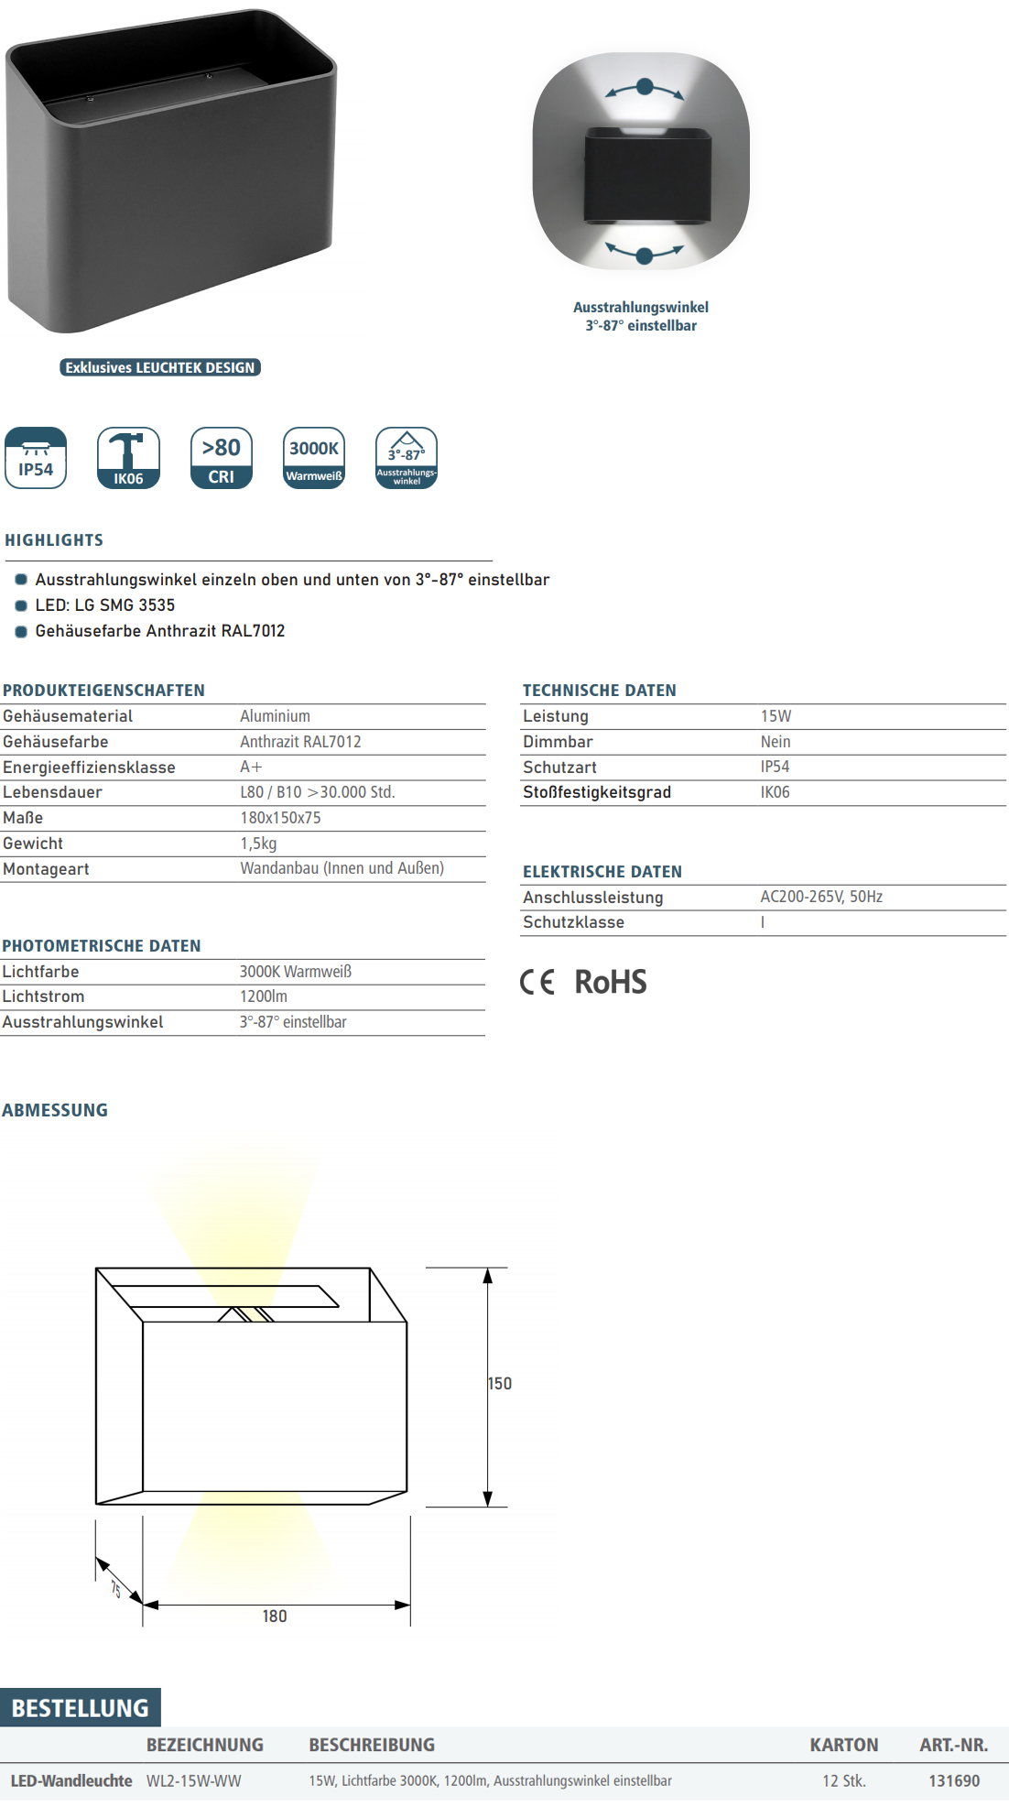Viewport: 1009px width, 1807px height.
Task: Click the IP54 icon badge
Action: coord(36,458)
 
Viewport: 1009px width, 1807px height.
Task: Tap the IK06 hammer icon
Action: coord(128,458)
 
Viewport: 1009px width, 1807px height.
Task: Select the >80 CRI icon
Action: coord(222,458)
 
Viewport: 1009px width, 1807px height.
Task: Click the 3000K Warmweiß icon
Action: coord(314,458)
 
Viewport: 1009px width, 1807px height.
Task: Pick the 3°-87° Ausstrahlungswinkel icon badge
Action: coord(407,458)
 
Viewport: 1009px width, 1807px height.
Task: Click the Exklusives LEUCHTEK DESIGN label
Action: coord(160,367)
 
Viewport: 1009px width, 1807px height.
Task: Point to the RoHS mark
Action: coord(610,983)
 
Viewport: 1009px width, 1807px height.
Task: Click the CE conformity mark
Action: coord(537,983)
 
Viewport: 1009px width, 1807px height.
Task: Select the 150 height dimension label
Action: coord(500,1384)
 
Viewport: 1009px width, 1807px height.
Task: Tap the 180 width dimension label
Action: coord(275,1617)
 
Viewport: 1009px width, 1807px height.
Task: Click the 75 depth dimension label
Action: coord(116,1589)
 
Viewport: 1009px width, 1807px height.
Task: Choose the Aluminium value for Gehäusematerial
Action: coord(276,716)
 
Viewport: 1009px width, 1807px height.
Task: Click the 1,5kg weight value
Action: coord(258,844)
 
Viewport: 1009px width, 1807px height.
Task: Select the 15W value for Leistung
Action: coord(776,716)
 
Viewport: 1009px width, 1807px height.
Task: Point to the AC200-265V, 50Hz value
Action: coord(821,897)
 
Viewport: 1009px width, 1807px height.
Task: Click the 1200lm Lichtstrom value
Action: coord(264,996)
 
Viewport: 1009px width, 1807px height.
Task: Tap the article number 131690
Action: coord(954,1781)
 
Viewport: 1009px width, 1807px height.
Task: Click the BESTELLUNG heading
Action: coord(81,1708)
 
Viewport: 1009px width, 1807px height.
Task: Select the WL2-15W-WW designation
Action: coord(194,1781)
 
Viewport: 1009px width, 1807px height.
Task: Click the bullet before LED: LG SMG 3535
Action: coord(21,605)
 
